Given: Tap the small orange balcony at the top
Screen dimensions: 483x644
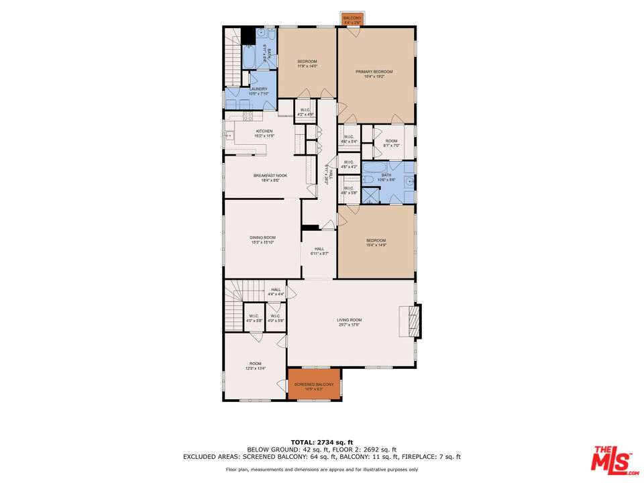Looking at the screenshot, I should pos(352,19).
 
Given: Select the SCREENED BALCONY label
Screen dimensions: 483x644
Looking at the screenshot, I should pos(314,384).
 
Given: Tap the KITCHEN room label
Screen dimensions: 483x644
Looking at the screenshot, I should pos(264,131).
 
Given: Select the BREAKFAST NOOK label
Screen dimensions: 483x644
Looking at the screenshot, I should pos(266,176).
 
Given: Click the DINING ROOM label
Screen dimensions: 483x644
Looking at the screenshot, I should pos(262,237).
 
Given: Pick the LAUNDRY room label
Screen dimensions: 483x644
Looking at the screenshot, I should pos(258,89).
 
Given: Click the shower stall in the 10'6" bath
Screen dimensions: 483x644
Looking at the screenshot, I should pos(370,195).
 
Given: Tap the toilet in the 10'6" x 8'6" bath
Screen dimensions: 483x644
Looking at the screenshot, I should pos(368,179).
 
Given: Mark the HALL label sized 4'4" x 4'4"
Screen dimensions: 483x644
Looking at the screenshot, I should pos(276,290).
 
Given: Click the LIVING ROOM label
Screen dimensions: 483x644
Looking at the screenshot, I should pos(349,320).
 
